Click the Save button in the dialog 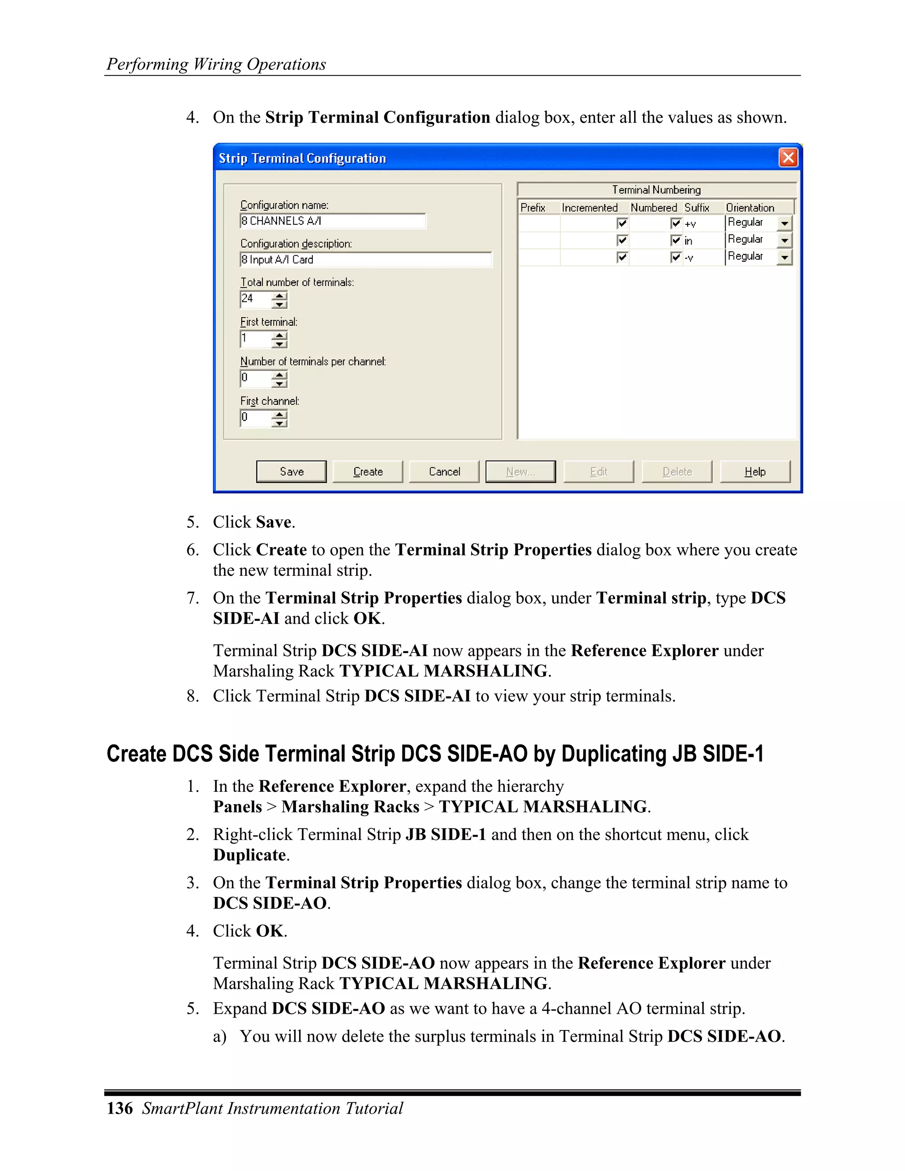(291, 472)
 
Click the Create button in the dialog (368, 472)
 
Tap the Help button (754, 472)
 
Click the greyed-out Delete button (677, 472)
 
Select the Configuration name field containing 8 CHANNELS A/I (332, 221)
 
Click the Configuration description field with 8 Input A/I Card (365, 259)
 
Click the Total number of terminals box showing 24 (255, 299)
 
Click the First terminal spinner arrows (279, 339)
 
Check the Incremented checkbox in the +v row (622, 223)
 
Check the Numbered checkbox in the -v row (676, 257)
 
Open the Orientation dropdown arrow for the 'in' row (785, 240)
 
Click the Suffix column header (696, 208)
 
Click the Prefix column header (532, 208)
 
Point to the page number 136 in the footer (120, 1108)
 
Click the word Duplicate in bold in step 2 (249, 855)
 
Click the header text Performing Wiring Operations (216, 64)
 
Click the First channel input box (255, 418)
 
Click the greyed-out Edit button (598, 472)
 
